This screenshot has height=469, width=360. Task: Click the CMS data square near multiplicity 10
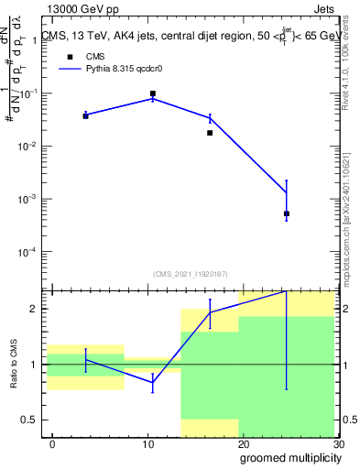[153, 93]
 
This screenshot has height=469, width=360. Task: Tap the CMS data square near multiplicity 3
[85, 116]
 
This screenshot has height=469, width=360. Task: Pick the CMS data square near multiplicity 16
[210, 133]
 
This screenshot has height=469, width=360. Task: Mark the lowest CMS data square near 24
[287, 213]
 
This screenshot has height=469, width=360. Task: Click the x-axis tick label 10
[148, 444]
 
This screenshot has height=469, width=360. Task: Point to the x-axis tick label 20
[244, 444]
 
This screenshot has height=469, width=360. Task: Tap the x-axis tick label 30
[339, 444]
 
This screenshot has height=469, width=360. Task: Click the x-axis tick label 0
[52, 444]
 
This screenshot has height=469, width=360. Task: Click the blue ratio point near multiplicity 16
[210, 312]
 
